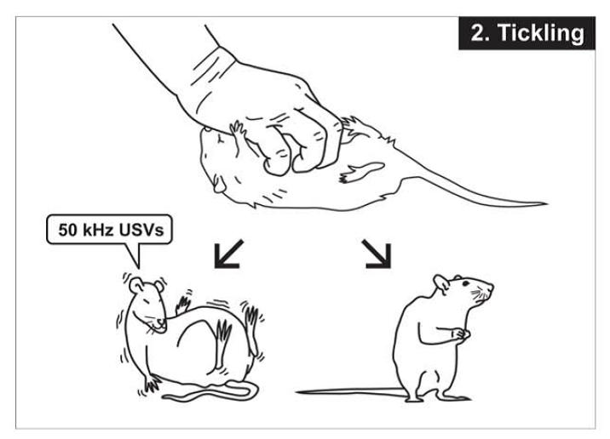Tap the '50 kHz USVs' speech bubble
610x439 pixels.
[x=109, y=229]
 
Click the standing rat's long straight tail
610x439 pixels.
[x=349, y=391]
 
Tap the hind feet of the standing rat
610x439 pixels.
[x=426, y=396]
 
